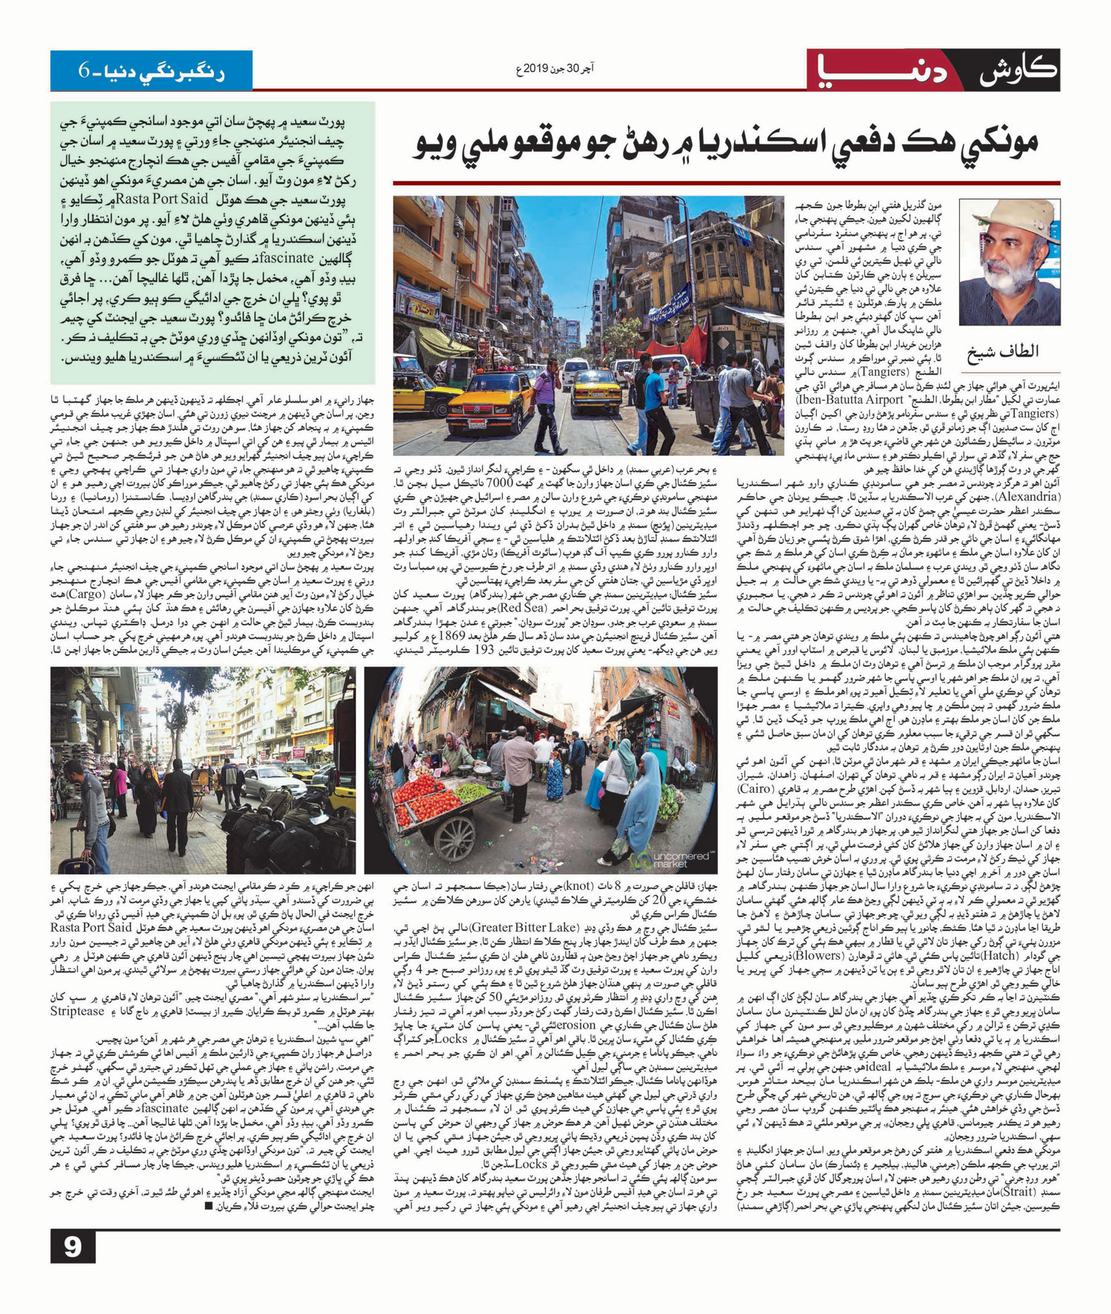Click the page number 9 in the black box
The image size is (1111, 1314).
point(73,1247)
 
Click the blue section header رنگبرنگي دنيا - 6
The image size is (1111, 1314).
point(152,72)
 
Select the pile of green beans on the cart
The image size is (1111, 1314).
point(474,791)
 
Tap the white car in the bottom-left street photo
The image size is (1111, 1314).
point(274,781)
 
